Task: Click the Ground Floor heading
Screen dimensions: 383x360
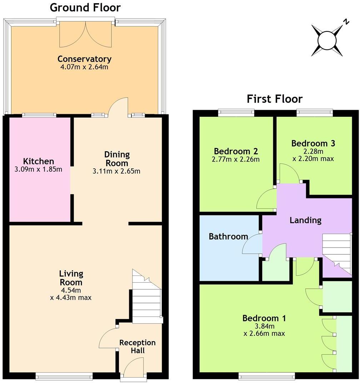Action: point(85,8)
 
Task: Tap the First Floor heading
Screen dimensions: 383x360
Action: point(275,99)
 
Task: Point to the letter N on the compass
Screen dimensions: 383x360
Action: point(346,21)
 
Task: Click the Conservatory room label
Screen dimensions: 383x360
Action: point(85,59)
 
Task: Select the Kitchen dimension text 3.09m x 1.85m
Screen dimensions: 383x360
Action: point(39,169)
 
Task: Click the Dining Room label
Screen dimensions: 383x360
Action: point(116,159)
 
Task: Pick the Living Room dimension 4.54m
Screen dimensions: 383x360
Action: point(71,290)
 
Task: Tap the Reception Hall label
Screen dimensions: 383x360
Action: point(137,347)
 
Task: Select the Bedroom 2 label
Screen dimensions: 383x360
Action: point(236,151)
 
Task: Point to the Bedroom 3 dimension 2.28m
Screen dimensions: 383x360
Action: point(313,151)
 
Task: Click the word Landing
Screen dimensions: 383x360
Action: point(305,220)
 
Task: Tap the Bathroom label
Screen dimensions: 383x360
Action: point(228,237)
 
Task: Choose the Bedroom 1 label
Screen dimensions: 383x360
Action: point(264,318)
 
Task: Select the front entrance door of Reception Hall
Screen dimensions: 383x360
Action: point(134,368)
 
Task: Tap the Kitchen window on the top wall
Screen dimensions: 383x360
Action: point(39,115)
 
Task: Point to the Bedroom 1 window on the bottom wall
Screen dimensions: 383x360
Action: point(266,375)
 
